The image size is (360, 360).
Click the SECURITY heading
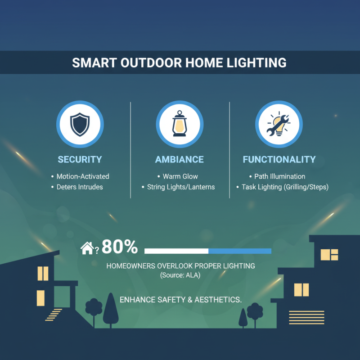pos(80,159)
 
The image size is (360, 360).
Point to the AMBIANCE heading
pos(180,159)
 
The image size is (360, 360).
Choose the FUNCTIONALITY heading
pos(279,159)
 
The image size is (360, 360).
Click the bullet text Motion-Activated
pos(82,176)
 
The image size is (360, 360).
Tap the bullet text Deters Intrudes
pos(79,187)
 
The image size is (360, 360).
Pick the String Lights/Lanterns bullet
pos(180,187)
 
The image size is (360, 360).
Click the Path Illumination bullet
pos(279,176)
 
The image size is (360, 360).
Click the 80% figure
pos(119,247)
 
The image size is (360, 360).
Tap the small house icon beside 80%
pos(86,248)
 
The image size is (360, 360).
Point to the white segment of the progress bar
pos(176,251)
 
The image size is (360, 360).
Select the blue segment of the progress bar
pos(240,251)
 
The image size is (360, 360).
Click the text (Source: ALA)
pos(180,275)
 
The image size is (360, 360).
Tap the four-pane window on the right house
pos(329,255)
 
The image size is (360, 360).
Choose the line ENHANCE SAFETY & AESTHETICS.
pos(180,299)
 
